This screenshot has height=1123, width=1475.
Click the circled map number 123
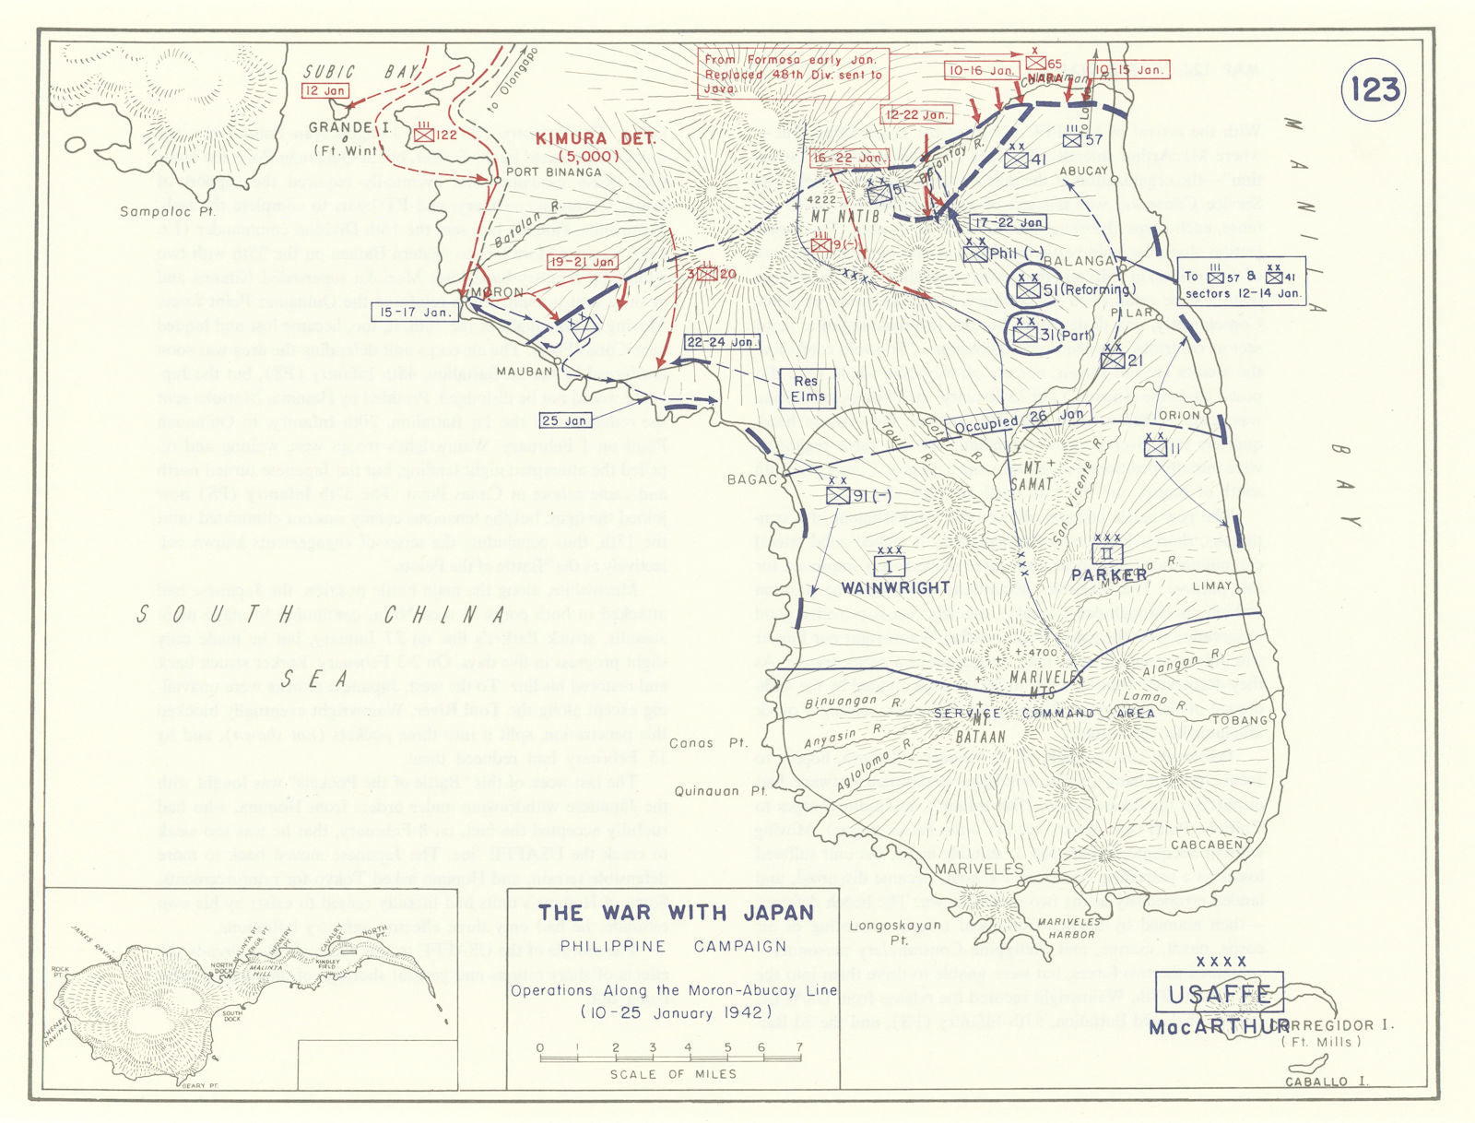coord(1375,90)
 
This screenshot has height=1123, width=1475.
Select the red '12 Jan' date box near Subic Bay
coord(324,91)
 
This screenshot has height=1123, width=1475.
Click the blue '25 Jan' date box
coord(564,420)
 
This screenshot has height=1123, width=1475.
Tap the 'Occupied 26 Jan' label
coord(1019,420)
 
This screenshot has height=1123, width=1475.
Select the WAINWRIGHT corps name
coord(895,587)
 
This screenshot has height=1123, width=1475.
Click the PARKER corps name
coord(1109,575)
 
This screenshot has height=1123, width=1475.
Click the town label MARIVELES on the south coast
coord(978,869)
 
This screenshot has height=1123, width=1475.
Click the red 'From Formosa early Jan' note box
coord(793,74)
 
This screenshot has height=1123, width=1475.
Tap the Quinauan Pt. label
coord(720,791)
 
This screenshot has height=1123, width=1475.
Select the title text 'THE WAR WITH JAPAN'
coord(676,913)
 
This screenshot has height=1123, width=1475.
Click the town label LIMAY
coord(1211,585)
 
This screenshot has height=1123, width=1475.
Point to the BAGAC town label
coord(752,479)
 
